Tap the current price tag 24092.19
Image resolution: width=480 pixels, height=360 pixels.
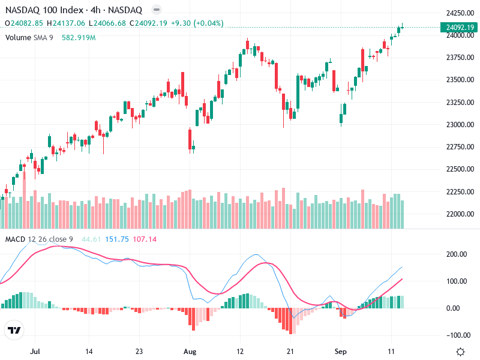[460, 27]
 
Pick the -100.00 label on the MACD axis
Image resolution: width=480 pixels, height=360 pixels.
[456, 335]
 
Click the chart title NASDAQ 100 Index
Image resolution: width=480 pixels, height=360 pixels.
[41, 10]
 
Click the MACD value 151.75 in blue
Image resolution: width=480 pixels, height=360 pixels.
[117, 240]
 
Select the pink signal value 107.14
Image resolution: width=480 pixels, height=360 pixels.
[144, 240]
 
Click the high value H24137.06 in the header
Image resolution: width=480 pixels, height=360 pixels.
[66, 23]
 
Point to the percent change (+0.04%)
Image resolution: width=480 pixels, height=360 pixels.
[206, 23]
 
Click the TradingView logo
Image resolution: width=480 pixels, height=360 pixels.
[14, 331]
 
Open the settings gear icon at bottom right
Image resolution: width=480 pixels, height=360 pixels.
[460, 351]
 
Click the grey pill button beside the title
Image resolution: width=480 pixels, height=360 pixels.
[156, 10]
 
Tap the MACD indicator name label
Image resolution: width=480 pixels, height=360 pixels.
[16, 240]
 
